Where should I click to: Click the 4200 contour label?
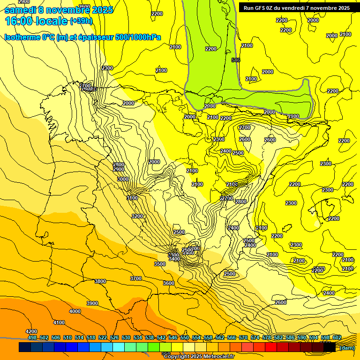(31, 331)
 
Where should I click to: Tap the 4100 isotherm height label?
(59, 322)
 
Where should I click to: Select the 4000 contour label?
(75, 312)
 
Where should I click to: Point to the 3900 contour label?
(92, 303)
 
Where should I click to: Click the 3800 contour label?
(100, 281)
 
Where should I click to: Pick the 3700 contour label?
(136, 278)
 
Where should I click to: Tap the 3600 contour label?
(169, 283)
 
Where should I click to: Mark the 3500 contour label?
(160, 264)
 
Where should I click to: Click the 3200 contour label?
(137, 216)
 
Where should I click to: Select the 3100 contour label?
(132, 198)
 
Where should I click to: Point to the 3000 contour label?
(123, 179)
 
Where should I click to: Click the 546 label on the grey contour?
(236, 60)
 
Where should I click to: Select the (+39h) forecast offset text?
(81, 21)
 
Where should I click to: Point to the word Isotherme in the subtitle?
(22, 37)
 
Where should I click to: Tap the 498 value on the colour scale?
(32, 337)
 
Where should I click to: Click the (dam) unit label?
(346, 347)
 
